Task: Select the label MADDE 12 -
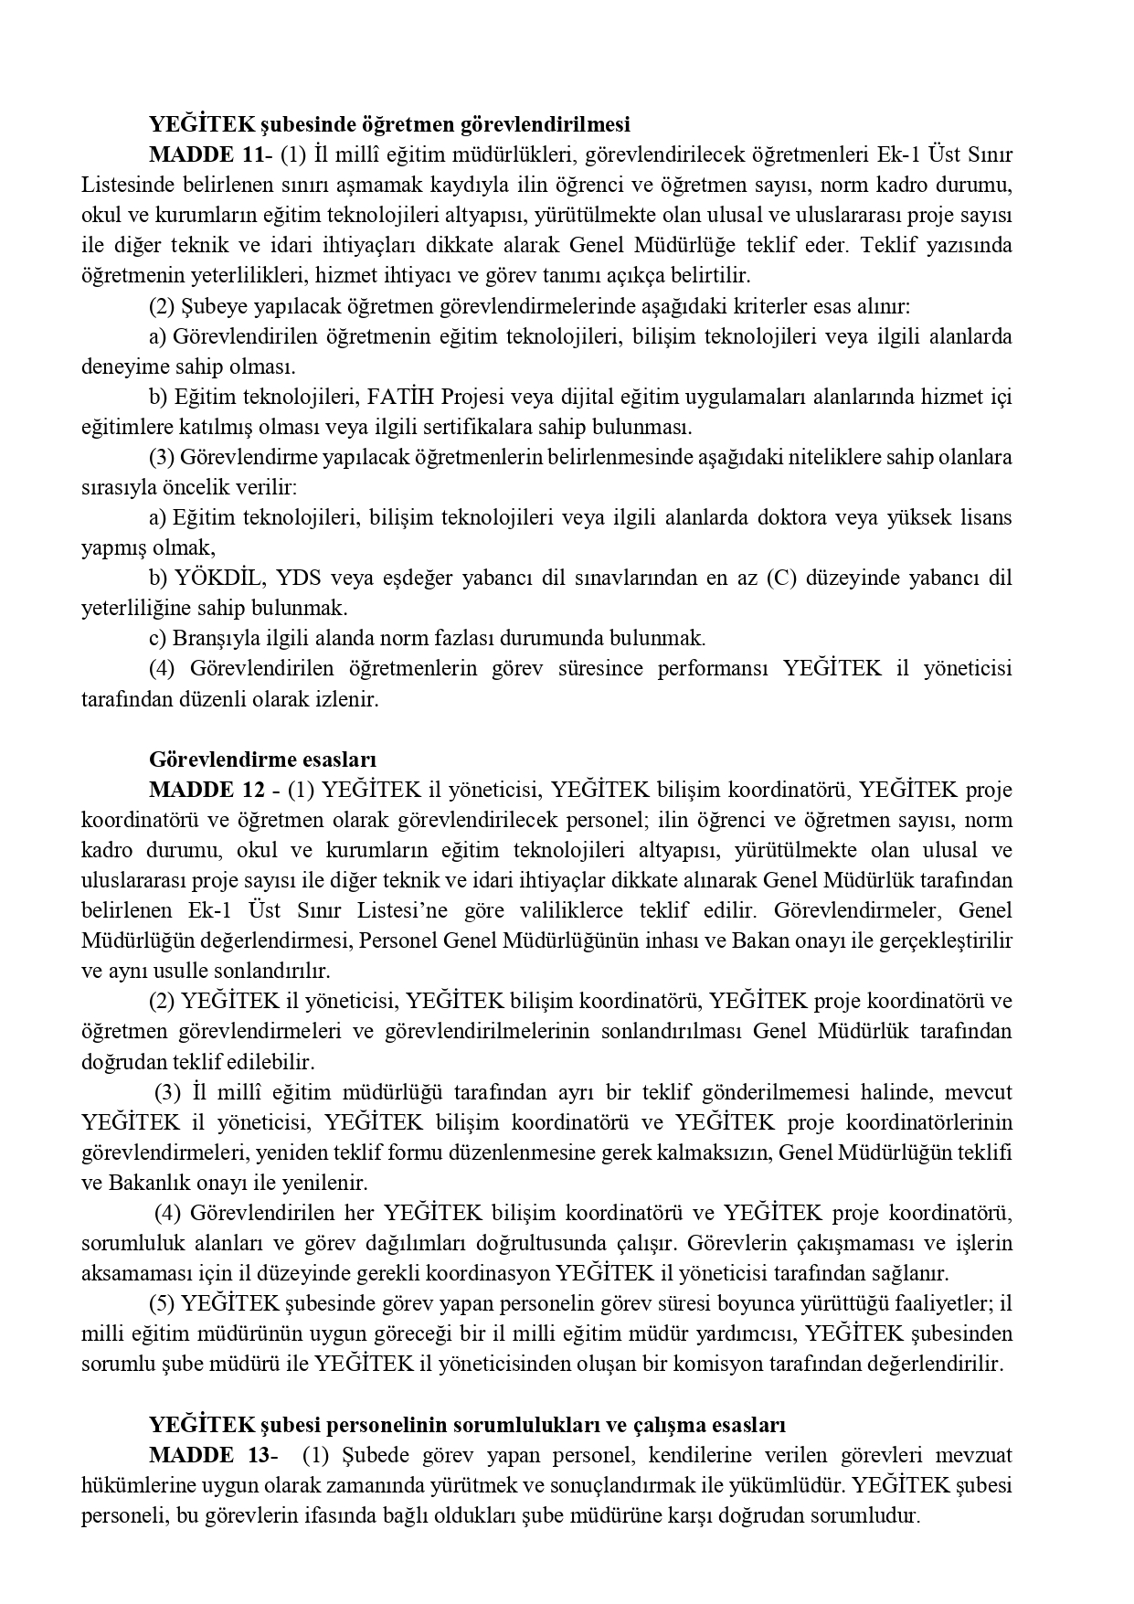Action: click(x=214, y=790)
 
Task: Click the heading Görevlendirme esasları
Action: click(x=263, y=760)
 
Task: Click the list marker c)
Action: click(x=157, y=639)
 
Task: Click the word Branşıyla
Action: click(x=212, y=639)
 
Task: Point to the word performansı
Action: click(x=711, y=669)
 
